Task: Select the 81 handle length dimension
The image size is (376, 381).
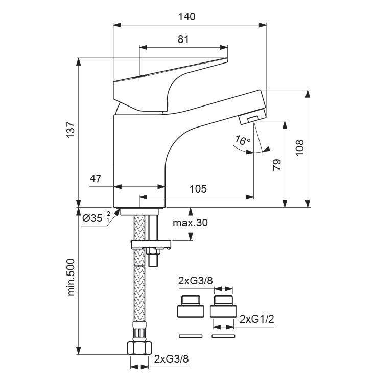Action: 183,39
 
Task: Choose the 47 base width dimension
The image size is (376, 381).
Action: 96,179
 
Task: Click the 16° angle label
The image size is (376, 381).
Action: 243,140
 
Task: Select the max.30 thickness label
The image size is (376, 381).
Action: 191,223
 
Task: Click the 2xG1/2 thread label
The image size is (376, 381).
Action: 258,319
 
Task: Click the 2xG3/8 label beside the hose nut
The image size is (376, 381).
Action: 172,358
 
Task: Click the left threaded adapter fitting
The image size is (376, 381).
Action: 190,307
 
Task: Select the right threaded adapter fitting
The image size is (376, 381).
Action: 223,307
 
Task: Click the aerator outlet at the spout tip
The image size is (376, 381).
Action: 251,118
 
